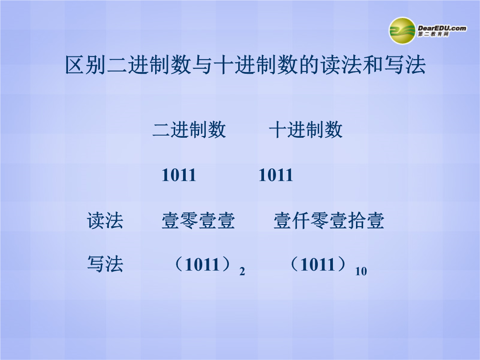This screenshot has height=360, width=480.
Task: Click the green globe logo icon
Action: [402, 31]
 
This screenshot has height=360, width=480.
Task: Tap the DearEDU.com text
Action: [442, 28]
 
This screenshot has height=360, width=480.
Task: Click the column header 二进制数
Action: [189, 129]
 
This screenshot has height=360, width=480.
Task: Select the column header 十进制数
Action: [305, 129]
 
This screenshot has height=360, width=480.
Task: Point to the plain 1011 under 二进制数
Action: [179, 175]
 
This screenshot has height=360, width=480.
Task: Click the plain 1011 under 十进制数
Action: [276, 175]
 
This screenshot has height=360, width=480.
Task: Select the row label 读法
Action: [105, 220]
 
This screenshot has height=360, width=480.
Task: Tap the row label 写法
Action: [105, 264]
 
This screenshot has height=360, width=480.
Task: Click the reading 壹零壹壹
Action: [198, 220]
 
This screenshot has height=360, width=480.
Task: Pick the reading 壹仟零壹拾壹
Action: [329, 220]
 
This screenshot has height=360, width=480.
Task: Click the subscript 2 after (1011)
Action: [242, 271]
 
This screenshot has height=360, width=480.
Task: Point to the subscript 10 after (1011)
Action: [361, 271]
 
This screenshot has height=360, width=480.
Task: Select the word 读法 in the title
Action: [341, 65]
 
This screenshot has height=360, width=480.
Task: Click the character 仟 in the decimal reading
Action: [301, 220]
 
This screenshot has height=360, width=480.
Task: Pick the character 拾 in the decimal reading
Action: [356, 220]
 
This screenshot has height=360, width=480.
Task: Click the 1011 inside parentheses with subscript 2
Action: [202, 264]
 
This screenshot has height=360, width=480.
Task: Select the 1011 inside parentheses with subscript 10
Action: [318, 264]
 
